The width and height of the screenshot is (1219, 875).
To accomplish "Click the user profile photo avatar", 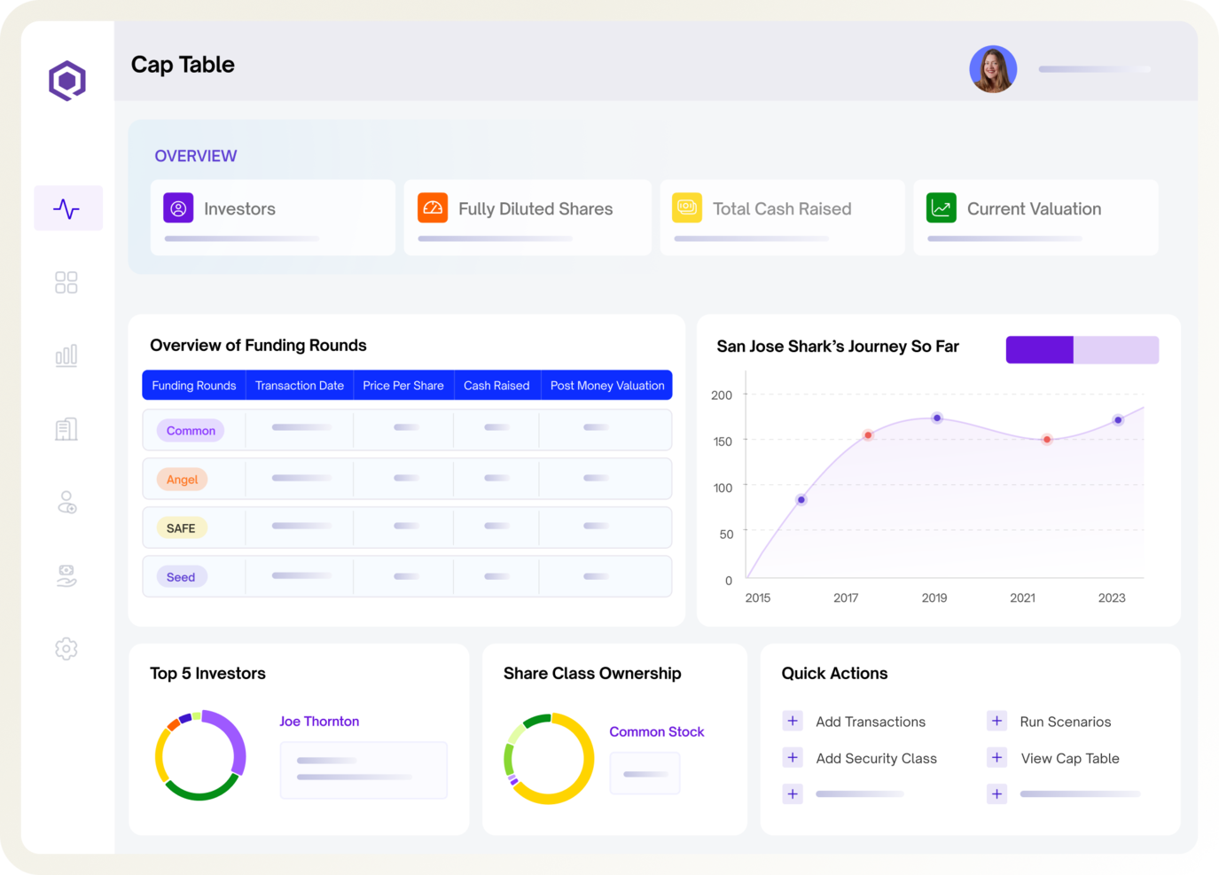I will [x=993, y=69].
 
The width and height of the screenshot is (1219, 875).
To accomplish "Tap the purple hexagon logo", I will [x=67, y=81].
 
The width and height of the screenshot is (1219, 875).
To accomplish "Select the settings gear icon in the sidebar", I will [x=66, y=649].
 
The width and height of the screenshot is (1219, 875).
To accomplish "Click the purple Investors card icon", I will [x=178, y=208].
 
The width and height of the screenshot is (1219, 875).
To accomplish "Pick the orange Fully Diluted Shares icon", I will [x=433, y=208].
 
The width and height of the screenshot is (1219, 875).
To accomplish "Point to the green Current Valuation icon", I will [x=942, y=208].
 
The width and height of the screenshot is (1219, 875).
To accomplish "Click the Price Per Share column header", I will [x=402, y=386].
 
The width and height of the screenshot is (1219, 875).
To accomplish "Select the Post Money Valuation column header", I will [x=606, y=386].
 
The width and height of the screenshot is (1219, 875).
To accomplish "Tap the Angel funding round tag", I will [x=183, y=480].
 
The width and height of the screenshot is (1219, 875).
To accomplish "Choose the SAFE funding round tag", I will [x=181, y=528].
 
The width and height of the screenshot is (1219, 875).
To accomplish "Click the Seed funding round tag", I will [x=181, y=577].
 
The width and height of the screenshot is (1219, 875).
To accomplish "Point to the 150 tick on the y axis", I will [x=723, y=441].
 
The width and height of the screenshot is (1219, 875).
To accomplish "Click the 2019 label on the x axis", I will [x=934, y=598].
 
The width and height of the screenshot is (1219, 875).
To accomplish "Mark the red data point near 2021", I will [x=1047, y=440].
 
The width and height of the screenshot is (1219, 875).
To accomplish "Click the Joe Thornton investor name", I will [x=319, y=722].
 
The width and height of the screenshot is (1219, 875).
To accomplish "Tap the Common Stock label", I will [x=656, y=732].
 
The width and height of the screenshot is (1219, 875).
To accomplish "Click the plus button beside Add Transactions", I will [x=793, y=721].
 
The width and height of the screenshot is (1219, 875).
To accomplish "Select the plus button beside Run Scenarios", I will [x=996, y=721].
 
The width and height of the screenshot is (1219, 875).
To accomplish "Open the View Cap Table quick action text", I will [x=1070, y=759].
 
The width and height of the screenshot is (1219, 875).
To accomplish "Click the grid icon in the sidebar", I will [x=66, y=283].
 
